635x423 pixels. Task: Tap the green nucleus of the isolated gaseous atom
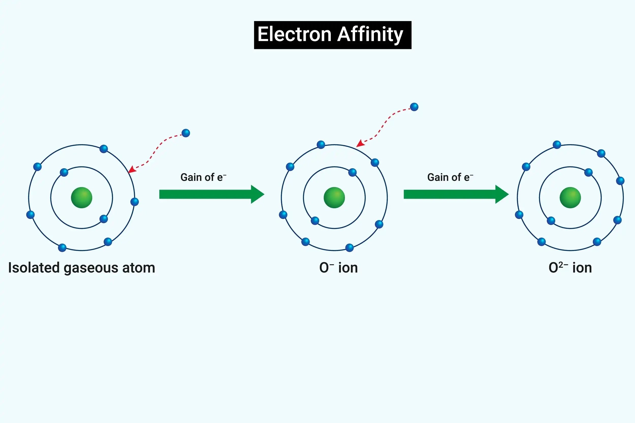(82, 197)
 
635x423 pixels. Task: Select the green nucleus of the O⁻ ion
(334, 197)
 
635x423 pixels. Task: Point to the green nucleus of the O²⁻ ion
(570, 197)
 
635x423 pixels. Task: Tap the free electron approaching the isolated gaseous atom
(186, 133)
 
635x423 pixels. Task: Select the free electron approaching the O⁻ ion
(414, 107)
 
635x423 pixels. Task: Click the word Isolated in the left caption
(34, 268)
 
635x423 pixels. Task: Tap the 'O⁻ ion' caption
(338, 268)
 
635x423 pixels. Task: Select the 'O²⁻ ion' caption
(570, 268)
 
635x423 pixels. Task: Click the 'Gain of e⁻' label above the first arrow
(203, 177)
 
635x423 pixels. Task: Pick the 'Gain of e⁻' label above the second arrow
(450, 177)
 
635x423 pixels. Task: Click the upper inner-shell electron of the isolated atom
(64, 172)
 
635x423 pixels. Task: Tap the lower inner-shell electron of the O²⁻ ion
(551, 221)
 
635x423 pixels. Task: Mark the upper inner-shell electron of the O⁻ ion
(352, 172)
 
